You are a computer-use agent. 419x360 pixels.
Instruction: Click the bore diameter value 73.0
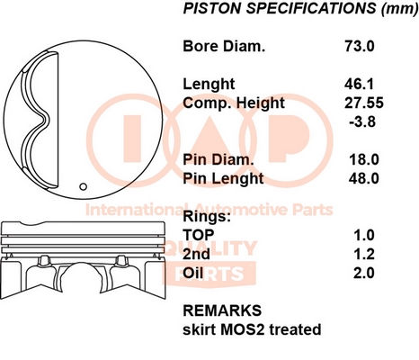coord(359,46)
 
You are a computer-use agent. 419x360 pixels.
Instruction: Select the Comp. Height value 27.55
coord(364,103)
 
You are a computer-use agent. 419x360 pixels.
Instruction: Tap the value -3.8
coord(362,121)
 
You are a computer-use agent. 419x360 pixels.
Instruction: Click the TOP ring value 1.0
coord(364,235)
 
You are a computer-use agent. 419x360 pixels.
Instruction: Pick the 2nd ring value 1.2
coord(364,254)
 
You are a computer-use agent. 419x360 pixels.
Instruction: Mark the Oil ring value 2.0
coord(364,273)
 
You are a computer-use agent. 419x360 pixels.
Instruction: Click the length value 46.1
coord(359,84)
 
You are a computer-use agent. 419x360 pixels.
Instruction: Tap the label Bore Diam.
coord(224,46)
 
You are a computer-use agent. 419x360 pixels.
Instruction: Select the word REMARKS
coord(222,310)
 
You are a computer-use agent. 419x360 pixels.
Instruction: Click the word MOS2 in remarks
coord(243,329)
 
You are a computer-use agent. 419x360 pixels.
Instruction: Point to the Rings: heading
coord(207,216)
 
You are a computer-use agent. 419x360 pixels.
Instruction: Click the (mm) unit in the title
coord(399,8)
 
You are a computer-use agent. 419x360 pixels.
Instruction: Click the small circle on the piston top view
coord(84,186)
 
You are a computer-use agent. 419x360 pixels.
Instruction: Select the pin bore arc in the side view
coord(82,264)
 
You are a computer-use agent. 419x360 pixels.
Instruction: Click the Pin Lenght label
coord(223,178)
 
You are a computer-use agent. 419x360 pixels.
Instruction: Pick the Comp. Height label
coord(234,103)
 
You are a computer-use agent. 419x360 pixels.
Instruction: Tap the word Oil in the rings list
coord(193,273)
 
